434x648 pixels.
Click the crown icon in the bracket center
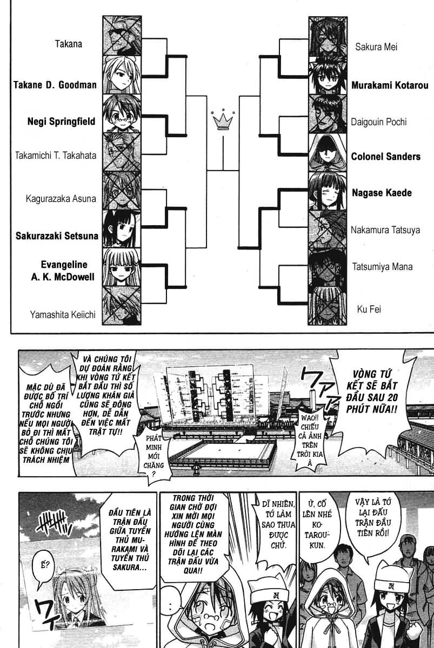tap(223, 121)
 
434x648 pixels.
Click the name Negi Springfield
tap(61, 122)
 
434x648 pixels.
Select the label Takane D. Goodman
tap(55, 85)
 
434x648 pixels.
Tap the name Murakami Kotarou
tap(389, 85)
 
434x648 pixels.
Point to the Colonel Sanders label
tap(385, 157)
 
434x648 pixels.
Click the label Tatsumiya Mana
tap(382, 267)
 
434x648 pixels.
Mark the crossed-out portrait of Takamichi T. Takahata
tap(121, 152)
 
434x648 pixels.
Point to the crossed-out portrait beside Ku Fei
tap(327, 306)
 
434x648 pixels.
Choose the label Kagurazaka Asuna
tap(61, 199)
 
